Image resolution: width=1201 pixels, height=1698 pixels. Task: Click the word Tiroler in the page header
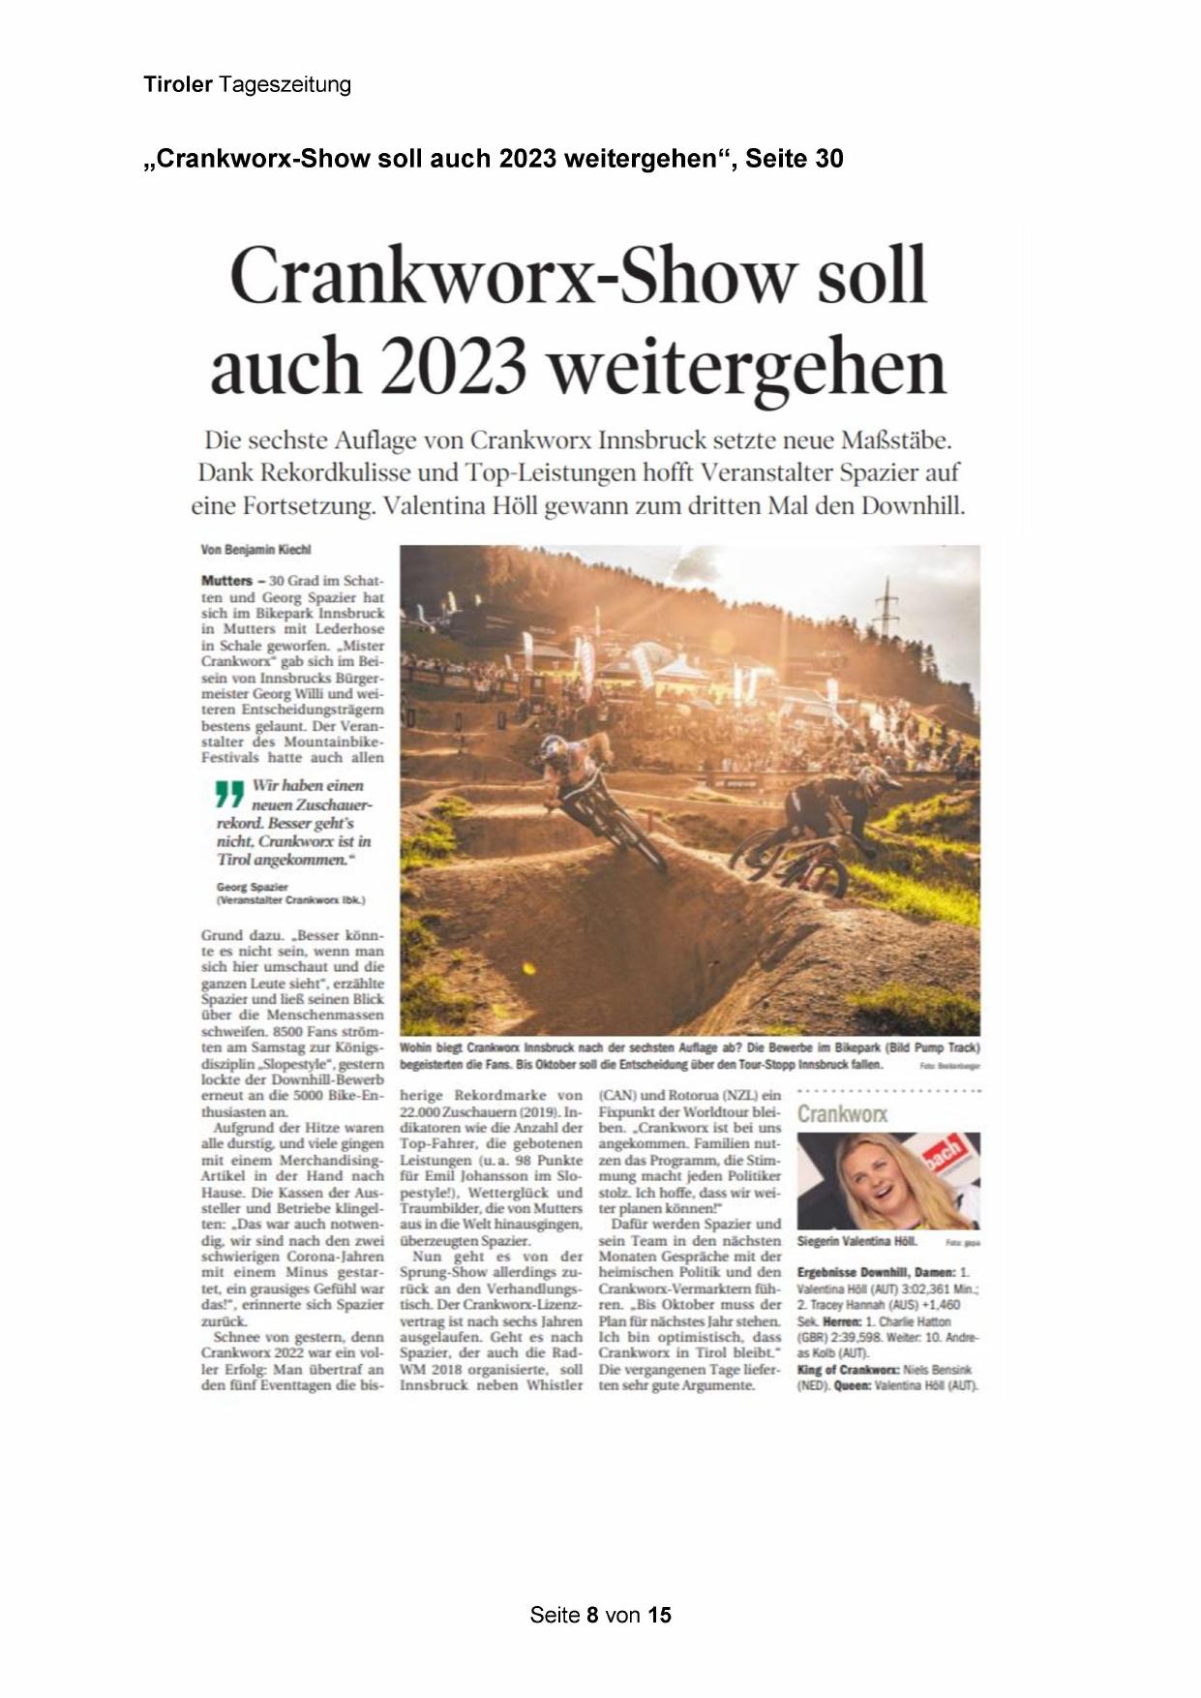pos(178,85)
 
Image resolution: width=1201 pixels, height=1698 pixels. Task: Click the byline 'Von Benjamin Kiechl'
pos(255,550)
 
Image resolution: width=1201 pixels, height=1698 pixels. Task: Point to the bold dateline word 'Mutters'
pos(226,581)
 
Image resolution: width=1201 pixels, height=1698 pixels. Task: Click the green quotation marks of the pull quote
pos(229,794)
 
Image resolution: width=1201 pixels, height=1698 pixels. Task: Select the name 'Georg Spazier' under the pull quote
pos(253,887)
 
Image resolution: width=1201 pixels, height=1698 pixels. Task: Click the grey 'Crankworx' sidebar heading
pos(842,1114)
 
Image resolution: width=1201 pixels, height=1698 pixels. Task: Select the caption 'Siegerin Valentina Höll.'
pos(856,1241)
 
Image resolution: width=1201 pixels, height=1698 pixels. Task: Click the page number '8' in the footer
pos(592,1615)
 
